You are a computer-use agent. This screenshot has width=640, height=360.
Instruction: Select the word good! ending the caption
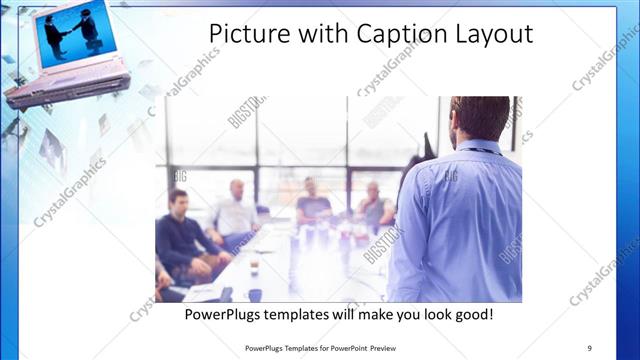pos(468,314)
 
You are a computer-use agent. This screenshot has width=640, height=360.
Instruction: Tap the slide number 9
pos(589,348)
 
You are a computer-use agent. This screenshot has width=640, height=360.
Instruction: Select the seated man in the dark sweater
pos(180,235)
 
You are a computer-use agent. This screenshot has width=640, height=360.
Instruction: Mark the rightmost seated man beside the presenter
pos(376,207)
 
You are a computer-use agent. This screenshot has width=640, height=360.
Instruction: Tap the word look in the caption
pos(427,314)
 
